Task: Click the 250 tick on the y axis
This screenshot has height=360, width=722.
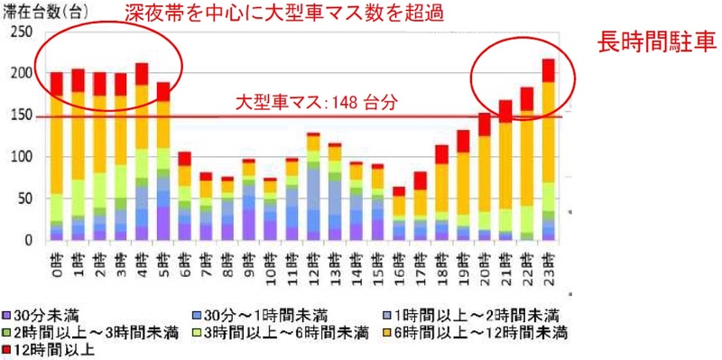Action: point(21,32)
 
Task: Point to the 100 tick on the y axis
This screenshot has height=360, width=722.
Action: point(21,157)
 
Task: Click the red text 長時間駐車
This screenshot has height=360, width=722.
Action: point(655,43)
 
